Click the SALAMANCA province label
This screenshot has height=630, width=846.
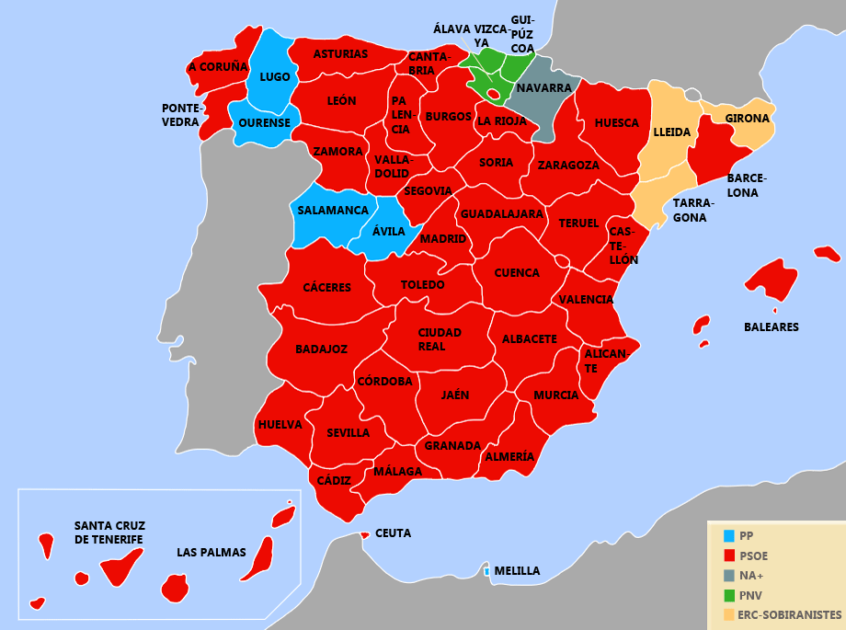[333, 211]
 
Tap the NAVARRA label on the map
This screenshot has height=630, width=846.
[543, 88]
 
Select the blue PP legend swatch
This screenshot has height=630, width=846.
[729, 535]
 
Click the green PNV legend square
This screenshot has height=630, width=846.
[729, 595]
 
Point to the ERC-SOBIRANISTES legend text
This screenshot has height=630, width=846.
[789, 614]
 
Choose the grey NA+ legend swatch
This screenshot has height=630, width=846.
[729, 576]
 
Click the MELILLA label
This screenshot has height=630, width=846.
[517, 571]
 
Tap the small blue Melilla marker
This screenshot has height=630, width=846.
[486, 572]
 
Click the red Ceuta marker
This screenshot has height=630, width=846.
[365, 534]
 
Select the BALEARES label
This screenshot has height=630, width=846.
[771, 327]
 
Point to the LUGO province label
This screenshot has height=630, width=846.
[275, 77]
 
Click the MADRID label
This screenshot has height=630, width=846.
[442, 239]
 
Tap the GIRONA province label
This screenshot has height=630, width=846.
[747, 119]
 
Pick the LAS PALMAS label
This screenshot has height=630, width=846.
[211, 553]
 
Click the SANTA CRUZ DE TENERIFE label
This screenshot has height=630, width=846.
[109, 533]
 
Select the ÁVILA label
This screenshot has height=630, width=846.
[389, 232]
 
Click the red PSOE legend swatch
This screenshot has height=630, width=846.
[729, 556]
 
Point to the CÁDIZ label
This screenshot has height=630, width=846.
[334, 480]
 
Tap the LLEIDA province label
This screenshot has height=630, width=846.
[671, 132]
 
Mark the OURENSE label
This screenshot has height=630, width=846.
[264, 123]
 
